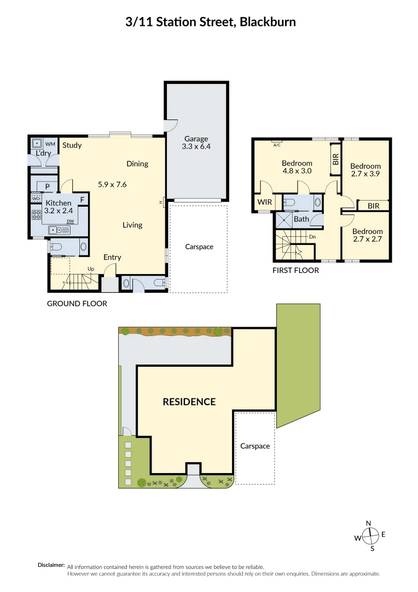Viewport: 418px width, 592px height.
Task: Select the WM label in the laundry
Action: [x=50, y=144]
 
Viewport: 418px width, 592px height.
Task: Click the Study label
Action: [x=72, y=145]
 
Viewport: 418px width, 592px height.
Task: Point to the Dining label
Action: [x=137, y=163]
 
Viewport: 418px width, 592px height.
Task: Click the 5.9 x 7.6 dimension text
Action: [x=112, y=185]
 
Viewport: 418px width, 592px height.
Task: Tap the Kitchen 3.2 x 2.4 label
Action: [x=58, y=207]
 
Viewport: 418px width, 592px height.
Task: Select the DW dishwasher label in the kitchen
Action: [x=70, y=221]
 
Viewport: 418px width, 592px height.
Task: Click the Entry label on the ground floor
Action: [x=112, y=257]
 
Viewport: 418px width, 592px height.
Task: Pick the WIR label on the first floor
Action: [x=265, y=202]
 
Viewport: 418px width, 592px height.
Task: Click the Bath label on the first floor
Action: [x=301, y=219]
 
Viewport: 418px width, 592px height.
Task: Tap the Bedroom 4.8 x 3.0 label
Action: [x=297, y=167]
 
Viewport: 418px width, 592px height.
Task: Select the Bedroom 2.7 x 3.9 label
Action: [x=365, y=170]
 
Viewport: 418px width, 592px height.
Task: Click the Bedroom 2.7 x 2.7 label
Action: [x=367, y=235]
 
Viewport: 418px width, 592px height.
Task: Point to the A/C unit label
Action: [x=276, y=145]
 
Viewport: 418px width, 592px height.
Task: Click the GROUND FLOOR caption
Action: [x=77, y=303]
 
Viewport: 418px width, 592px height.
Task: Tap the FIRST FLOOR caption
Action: [x=295, y=270]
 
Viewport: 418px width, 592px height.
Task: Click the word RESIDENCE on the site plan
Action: [x=189, y=402]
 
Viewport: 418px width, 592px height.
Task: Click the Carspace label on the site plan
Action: [x=255, y=446]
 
